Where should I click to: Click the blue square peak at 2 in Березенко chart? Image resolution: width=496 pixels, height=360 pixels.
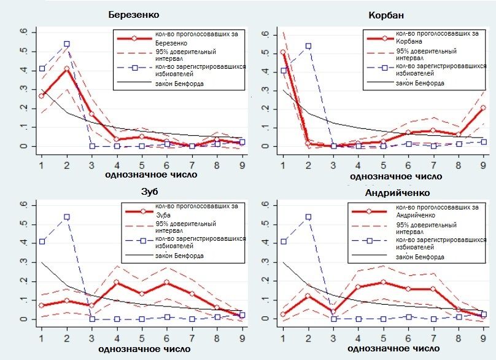(66, 44)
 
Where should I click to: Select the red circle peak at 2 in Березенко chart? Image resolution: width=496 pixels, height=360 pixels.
(66, 68)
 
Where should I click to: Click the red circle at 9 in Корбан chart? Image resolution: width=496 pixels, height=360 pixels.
(483, 108)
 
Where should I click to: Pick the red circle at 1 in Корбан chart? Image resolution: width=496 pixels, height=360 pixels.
(283, 52)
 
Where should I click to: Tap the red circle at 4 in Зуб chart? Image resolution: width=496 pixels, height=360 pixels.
(117, 283)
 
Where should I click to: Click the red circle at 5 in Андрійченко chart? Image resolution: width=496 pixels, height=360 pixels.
(383, 283)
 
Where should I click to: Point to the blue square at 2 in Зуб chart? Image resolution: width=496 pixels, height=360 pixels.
(66, 217)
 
